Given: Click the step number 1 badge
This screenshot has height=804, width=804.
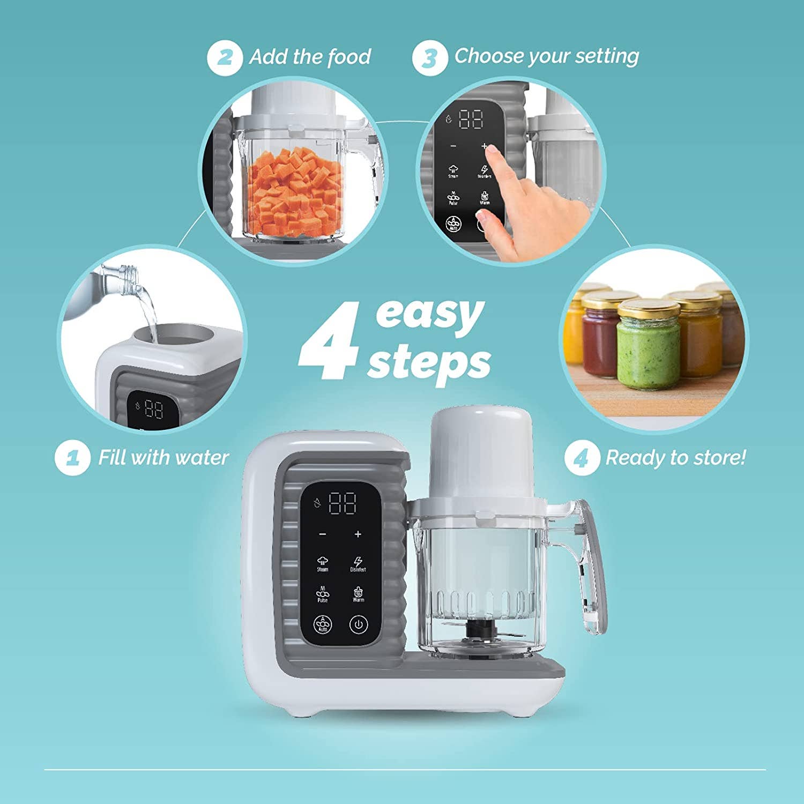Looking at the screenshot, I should tap(72, 458).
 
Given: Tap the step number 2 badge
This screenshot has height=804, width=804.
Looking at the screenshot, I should tap(225, 57).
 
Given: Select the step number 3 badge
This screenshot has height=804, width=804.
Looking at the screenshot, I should tap(429, 58).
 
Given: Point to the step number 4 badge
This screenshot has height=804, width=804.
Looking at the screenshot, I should tap(582, 458).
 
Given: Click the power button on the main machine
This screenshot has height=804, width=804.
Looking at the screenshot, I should tap(359, 624).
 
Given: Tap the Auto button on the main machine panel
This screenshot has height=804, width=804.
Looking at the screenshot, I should tap(323, 624).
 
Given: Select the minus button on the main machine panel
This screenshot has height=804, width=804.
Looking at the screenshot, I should tap(323, 534).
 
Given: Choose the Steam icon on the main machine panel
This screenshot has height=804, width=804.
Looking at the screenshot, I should tap(323, 563).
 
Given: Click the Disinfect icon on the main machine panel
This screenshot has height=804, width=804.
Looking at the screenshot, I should tap(358, 563).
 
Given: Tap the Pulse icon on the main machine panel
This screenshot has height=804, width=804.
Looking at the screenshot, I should tap(323, 594).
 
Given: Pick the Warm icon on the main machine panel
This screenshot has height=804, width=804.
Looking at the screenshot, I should tap(358, 594).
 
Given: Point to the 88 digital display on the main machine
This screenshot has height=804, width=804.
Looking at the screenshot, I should tap(343, 503).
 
